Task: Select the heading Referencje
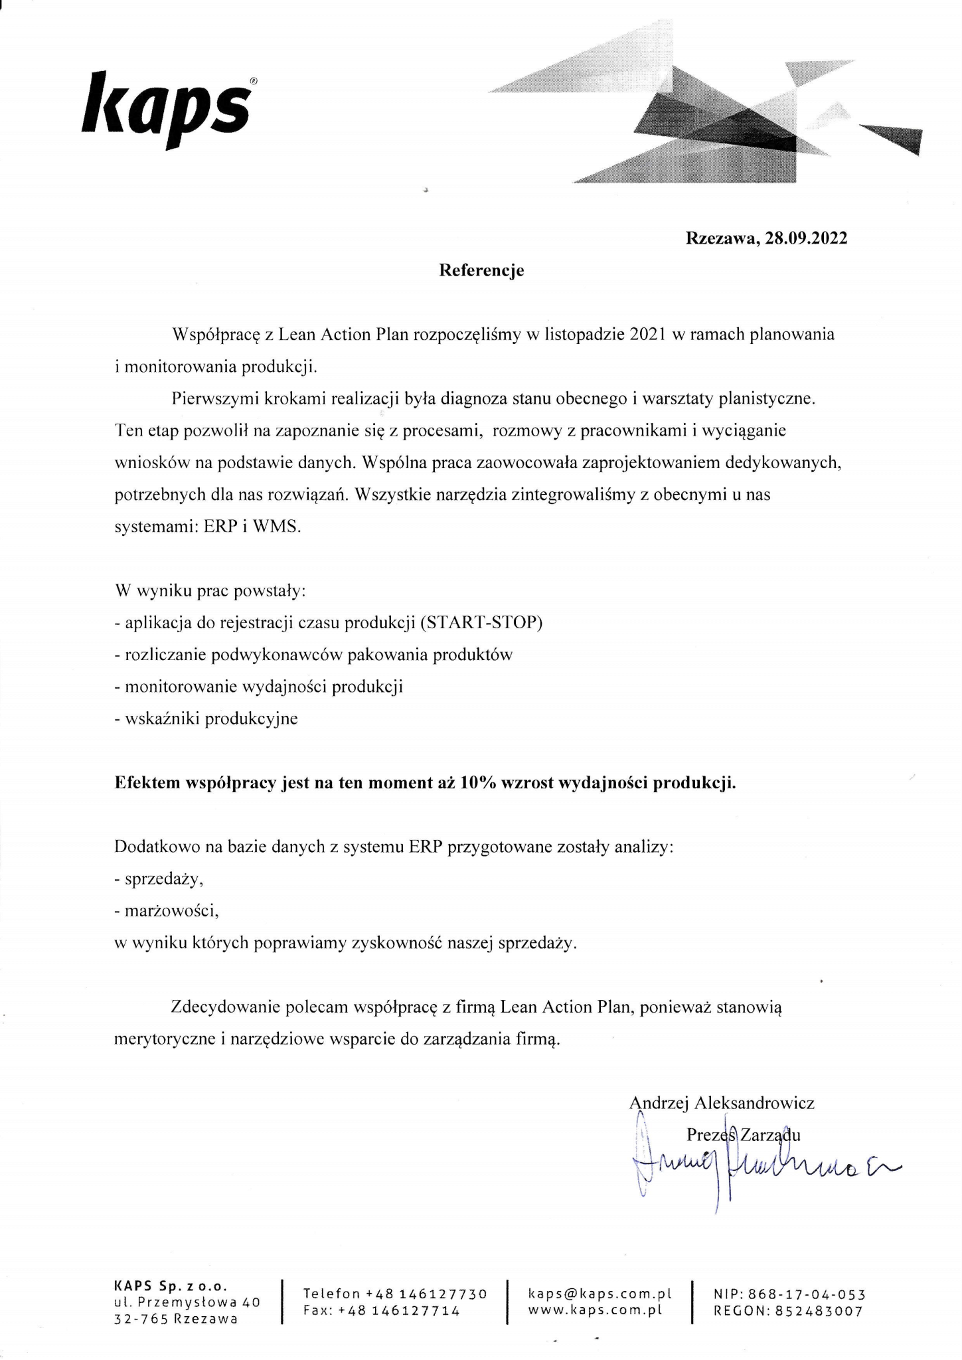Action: pos(481,270)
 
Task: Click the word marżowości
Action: pos(171,910)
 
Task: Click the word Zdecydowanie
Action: pos(224,1007)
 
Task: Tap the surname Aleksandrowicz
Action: pos(754,1103)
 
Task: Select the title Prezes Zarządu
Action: pos(744,1134)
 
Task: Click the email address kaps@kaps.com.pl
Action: pos(600,1294)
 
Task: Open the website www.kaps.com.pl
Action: pos(596,1311)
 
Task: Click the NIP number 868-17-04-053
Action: pos(807,1294)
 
